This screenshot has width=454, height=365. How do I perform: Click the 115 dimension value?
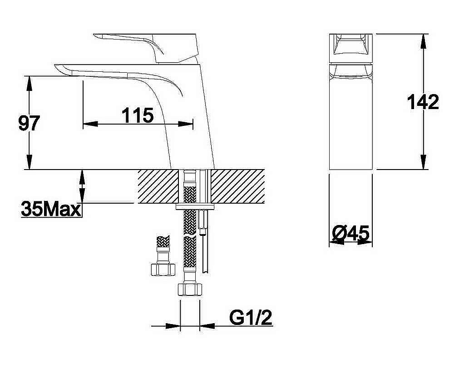point(138,115)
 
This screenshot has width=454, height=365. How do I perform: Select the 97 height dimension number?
point(29,123)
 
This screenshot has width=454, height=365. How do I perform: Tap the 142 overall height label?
point(423,102)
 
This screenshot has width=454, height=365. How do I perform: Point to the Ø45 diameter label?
point(351,233)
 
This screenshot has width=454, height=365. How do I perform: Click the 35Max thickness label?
point(51,209)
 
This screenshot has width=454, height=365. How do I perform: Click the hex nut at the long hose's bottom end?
point(190,290)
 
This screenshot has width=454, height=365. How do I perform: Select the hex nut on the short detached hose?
point(163,270)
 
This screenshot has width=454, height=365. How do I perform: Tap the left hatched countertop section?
point(158,186)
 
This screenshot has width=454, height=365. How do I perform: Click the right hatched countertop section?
point(238,186)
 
